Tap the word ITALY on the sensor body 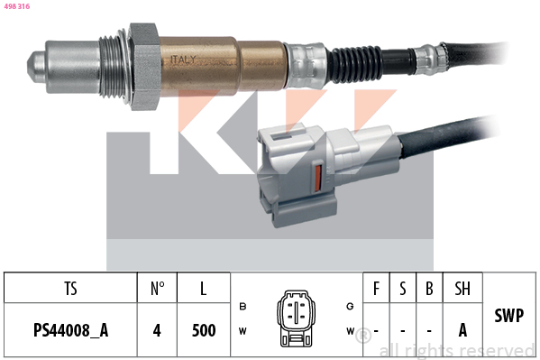[x=182, y=60]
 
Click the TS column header [x=70, y=289]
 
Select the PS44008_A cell [x=70, y=330]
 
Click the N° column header [x=157, y=289]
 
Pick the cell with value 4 [x=157, y=330]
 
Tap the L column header [x=205, y=289]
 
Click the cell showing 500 [x=205, y=330]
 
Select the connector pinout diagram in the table [x=295, y=318]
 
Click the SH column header [x=462, y=289]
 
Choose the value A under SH [x=462, y=330]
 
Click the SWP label [x=510, y=317]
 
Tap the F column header [x=376, y=289]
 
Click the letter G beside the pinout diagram [x=350, y=306]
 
